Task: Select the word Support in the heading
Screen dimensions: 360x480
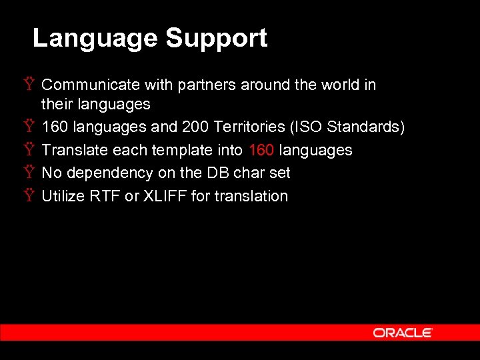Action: pyautogui.click(x=217, y=38)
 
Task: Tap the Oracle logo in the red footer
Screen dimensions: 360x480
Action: pyautogui.click(x=403, y=333)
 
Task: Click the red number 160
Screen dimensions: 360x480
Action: pyautogui.click(x=261, y=150)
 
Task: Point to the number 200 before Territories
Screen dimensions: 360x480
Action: pyautogui.click(x=195, y=127)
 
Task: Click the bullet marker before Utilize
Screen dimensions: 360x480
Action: pyautogui.click(x=29, y=196)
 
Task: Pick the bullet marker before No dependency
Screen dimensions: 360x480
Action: pyautogui.click(x=29, y=173)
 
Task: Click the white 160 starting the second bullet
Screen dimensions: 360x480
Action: pyautogui.click(x=55, y=127)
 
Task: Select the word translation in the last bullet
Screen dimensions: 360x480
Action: pyautogui.click(x=250, y=196)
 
